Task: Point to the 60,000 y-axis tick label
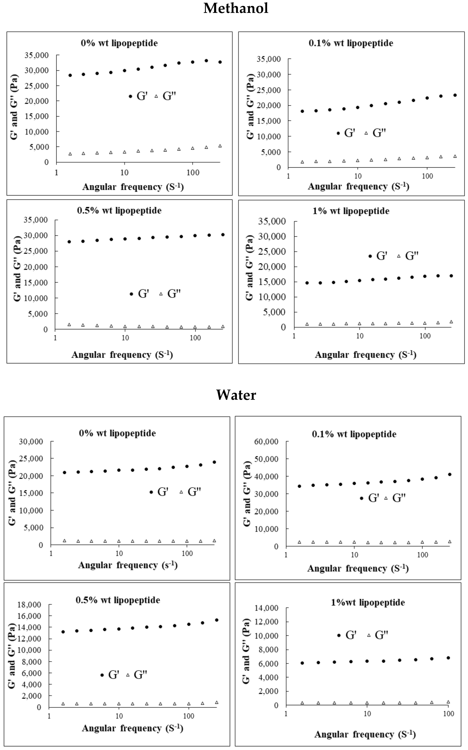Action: click(266, 442)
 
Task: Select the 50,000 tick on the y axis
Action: click(266, 459)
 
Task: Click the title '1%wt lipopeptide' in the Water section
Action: click(368, 602)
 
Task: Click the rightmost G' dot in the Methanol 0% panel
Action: click(220, 62)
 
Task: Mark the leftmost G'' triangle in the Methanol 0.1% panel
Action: click(302, 162)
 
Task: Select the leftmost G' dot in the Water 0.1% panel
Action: click(299, 486)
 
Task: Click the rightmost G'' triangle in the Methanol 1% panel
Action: click(451, 322)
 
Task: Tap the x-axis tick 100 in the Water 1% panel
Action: click(448, 714)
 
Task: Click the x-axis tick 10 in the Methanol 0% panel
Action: click(124, 172)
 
